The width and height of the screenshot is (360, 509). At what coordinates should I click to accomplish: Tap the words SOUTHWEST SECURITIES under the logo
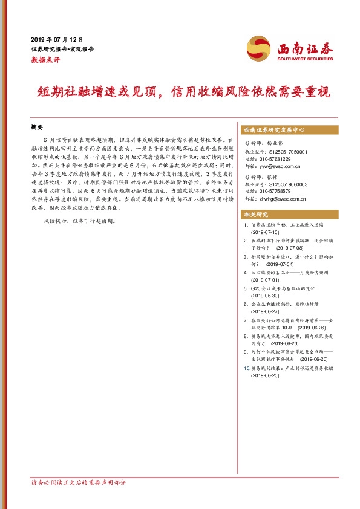pyautogui.click(x=305, y=60)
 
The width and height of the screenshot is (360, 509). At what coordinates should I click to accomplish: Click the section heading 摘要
pyautogui.click(x=37, y=128)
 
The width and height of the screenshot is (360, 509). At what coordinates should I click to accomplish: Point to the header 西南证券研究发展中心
pyautogui.click(x=273, y=130)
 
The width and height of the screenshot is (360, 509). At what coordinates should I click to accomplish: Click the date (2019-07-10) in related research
pyautogui.click(x=265, y=232)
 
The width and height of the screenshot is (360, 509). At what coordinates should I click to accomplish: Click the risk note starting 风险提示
pyautogui.click(x=79, y=222)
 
